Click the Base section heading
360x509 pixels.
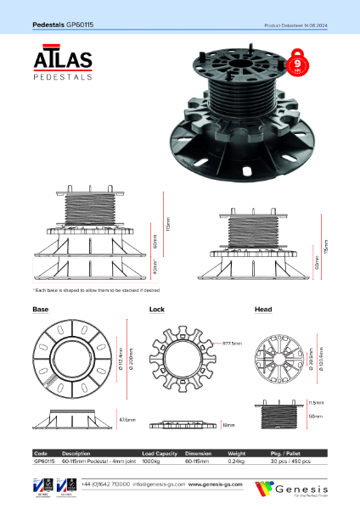coord(40,310)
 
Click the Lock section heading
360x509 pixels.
coord(156,310)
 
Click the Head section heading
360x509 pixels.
coord(263,310)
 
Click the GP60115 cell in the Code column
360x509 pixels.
coord(44,460)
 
